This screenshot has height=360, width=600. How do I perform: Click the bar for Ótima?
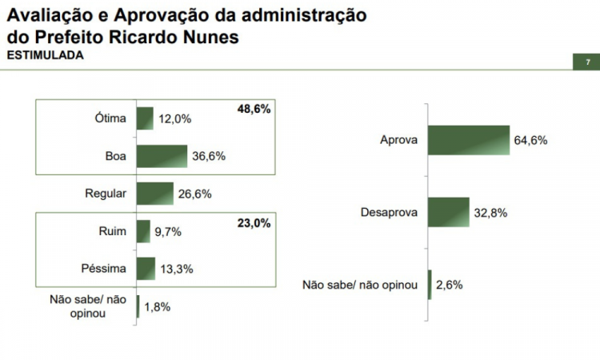pos(145,118)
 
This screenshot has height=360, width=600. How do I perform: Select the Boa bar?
pos(162,156)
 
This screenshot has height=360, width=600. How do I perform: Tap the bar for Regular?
pos(155,193)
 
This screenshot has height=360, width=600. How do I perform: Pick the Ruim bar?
pos(144,231)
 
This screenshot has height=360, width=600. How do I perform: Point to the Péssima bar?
pos(146,268)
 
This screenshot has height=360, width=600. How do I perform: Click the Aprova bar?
pos(469,140)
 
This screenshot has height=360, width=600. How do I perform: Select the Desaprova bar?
pos(449,212)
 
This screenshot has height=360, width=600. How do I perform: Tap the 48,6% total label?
pos(254,108)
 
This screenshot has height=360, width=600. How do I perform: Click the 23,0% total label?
pos(255,224)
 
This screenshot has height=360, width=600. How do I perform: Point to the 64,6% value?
pos(530,140)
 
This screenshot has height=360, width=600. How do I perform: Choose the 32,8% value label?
pos(490,212)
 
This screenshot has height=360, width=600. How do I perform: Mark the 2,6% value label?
pos(449,284)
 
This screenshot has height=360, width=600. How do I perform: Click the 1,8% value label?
pos(157,306)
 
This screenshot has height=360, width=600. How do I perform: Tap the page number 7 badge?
pos(587,62)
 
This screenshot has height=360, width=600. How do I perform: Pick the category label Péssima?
pos(104,268)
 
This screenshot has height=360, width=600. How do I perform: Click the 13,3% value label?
pos(176,268)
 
